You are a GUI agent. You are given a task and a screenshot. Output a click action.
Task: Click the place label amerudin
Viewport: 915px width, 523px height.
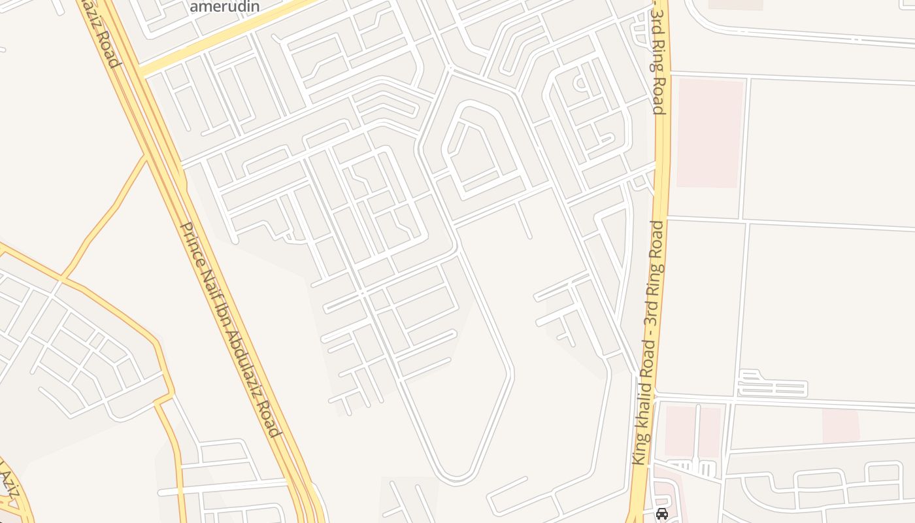coord(224,7)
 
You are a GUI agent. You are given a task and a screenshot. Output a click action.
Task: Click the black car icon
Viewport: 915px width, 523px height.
coord(661,514)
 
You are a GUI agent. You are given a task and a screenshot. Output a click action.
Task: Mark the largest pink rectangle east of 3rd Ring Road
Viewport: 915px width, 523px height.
coord(710,133)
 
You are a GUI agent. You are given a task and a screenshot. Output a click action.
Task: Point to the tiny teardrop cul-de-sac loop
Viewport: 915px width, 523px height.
coord(580,83)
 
